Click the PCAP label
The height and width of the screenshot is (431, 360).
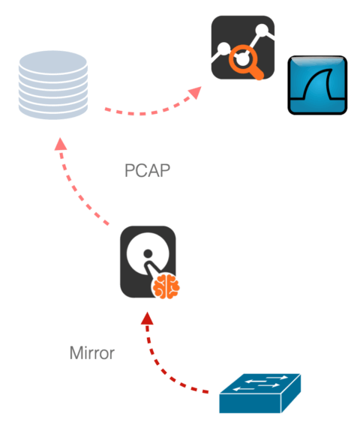pyautogui.click(x=148, y=171)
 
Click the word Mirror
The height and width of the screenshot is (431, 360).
pyautogui.click(x=92, y=353)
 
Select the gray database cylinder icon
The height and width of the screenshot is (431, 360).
pyautogui.click(x=53, y=85)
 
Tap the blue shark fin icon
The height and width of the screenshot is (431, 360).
pyautogui.click(x=317, y=85)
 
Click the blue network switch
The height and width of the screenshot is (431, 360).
pyautogui.click(x=260, y=393)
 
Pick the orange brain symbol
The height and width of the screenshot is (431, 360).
pyautogui.click(x=166, y=286)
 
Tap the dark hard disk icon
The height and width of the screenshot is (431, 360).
pyautogui.click(x=148, y=262)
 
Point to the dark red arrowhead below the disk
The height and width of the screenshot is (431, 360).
pyautogui.click(x=147, y=319)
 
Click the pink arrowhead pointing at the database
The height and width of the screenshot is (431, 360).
pyautogui.click(x=61, y=144)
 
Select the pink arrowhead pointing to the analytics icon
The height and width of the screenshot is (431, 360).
pyautogui.click(x=195, y=92)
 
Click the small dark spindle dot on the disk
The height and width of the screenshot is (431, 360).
pyautogui.click(x=148, y=253)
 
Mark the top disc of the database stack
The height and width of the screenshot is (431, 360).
pyautogui.click(x=53, y=62)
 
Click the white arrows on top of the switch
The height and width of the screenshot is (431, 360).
pyautogui.click(x=260, y=382)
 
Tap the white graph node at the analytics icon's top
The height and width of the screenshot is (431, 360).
pyautogui.click(x=262, y=30)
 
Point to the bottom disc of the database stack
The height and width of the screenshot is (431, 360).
pyautogui.click(x=53, y=112)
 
